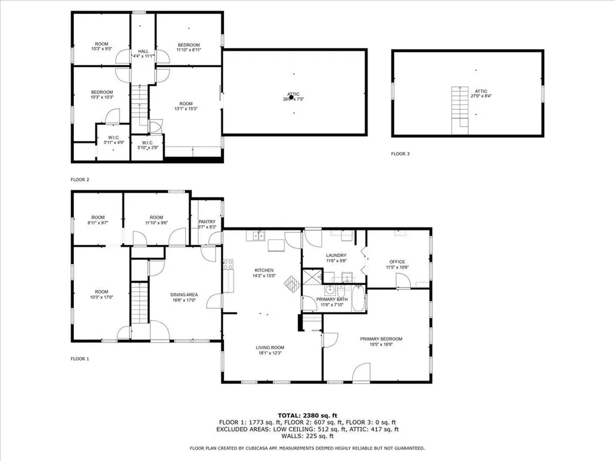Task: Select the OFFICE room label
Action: (397, 262)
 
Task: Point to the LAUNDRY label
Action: (336, 255)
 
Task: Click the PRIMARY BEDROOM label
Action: (381, 339)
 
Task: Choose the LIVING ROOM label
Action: (270, 348)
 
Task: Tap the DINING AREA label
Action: (184, 294)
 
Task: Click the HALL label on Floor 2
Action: (143, 52)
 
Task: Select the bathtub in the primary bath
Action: (358, 299)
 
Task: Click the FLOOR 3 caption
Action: (400, 154)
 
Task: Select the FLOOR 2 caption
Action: (79, 179)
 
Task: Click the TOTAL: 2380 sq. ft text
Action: (307, 415)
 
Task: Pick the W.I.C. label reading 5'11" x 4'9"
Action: (114, 139)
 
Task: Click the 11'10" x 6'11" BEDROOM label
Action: (188, 47)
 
